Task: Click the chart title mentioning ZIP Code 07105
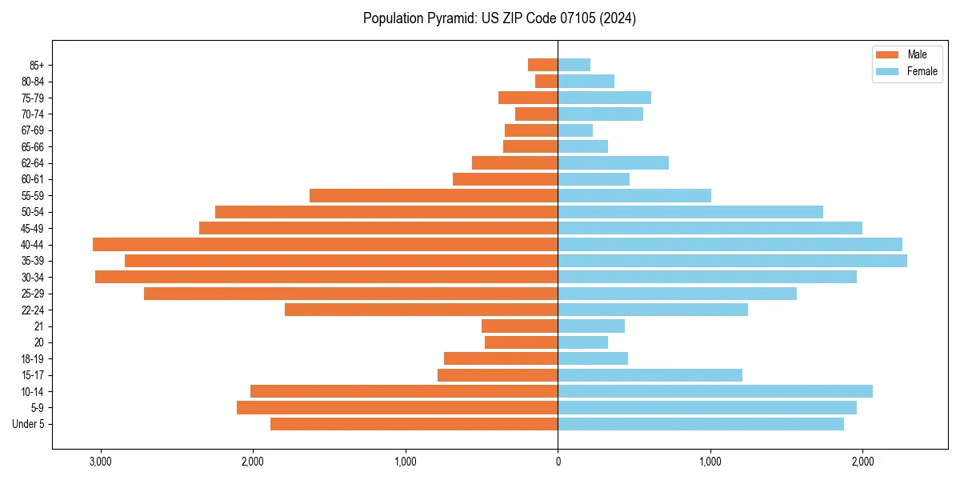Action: (499, 18)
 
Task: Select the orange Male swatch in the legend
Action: (887, 54)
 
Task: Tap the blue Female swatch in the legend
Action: (887, 71)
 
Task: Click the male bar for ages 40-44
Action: (325, 244)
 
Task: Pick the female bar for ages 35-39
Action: (732, 261)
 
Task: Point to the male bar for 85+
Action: (542, 65)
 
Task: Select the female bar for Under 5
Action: (701, 424)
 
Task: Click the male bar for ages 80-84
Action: (546, 81)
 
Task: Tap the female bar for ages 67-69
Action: (575, 130)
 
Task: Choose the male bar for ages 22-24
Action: (421, 310)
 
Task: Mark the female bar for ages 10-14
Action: (715, 391)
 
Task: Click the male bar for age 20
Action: (521, 342)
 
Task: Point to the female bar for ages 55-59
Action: (634, 195)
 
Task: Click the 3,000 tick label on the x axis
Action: (100, 462)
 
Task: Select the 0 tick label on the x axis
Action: (558, 462)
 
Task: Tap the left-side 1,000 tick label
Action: (405, 462)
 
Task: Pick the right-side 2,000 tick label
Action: (862, 462)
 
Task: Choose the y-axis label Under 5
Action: (28, 424)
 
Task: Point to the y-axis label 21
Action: (39, 326)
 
